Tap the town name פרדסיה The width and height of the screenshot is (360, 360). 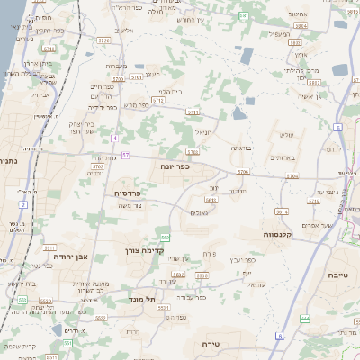point(127,193)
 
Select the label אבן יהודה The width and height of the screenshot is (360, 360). point(69,256)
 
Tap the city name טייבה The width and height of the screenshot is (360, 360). point(337,274)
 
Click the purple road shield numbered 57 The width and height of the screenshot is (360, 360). point(124,156)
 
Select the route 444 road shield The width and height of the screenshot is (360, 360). point(305,318)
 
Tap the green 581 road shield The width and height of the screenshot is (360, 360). point(246,15)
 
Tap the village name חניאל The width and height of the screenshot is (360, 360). point(203,131)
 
